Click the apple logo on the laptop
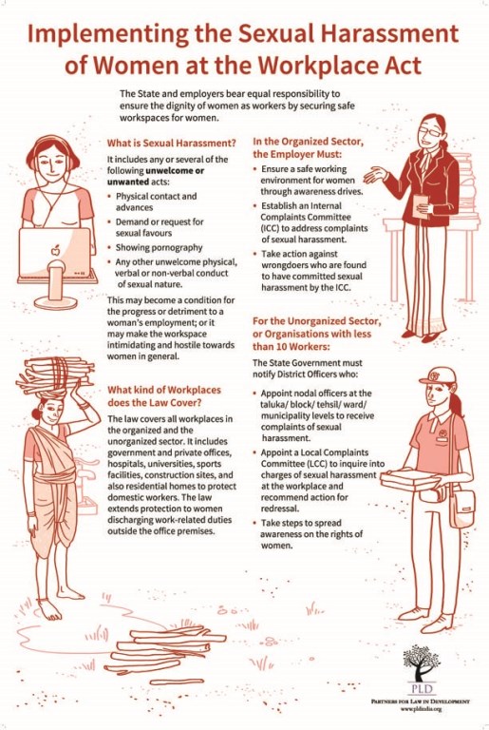pos(55,250)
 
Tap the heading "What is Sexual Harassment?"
pos(172,143)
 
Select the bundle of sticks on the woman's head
pos(55,374)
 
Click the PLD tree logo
pos(421,663)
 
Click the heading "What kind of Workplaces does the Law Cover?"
pos(164,396)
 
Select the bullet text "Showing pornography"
pos(159,247)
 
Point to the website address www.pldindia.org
pos(421,709)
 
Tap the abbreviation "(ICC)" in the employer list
pos(269,228)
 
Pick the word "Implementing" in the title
pos(105,34)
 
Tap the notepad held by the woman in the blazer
pos(420,204)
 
